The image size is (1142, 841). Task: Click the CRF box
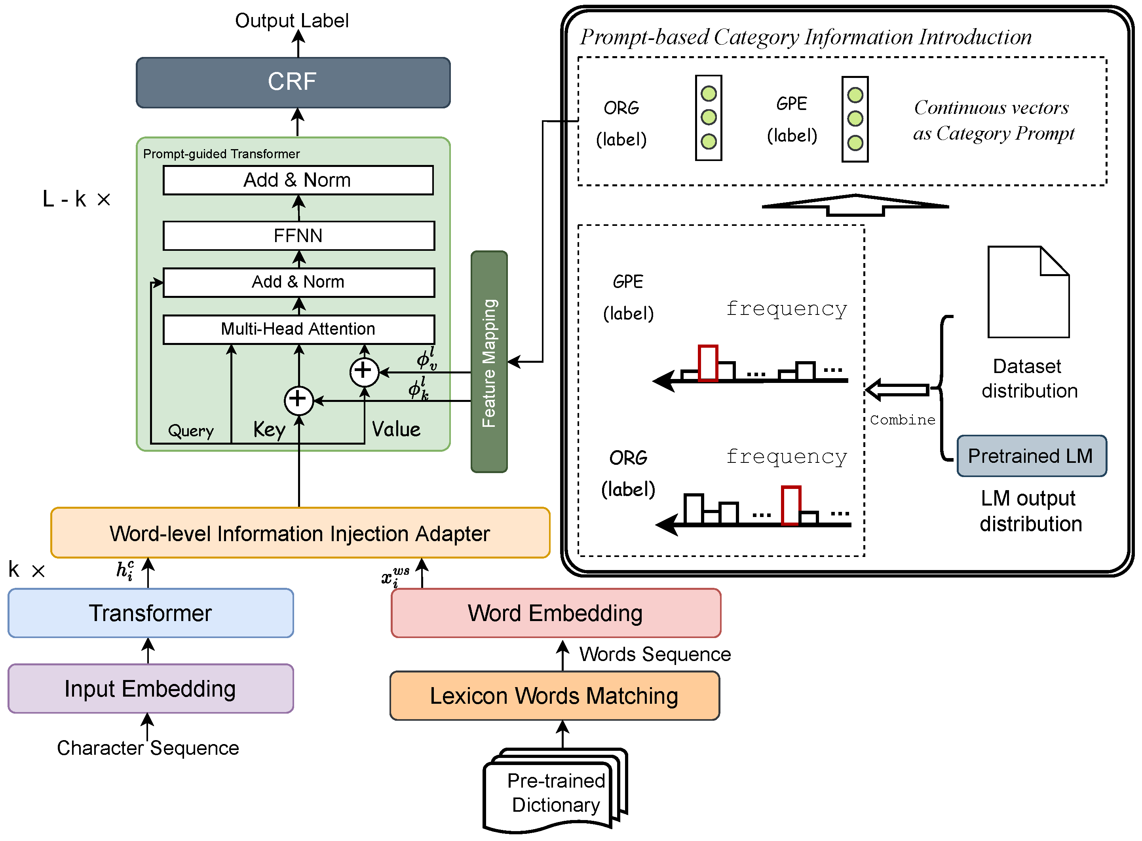293,82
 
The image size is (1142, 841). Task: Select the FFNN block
298,236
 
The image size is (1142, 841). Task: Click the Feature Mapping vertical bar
489,362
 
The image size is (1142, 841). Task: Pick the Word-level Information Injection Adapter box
300,533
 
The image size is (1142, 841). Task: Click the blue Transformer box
151,613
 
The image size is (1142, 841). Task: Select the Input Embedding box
151,688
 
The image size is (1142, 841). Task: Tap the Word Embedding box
556,613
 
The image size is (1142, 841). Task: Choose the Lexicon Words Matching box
554,695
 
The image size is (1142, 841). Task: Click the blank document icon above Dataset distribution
1028,292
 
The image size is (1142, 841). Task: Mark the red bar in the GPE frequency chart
707,364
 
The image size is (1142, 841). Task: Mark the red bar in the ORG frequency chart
790,506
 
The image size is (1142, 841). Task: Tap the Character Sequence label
148,748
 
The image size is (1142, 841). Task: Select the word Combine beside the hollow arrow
902,420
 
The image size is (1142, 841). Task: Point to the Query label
191,431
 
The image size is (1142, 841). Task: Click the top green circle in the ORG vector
709,94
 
